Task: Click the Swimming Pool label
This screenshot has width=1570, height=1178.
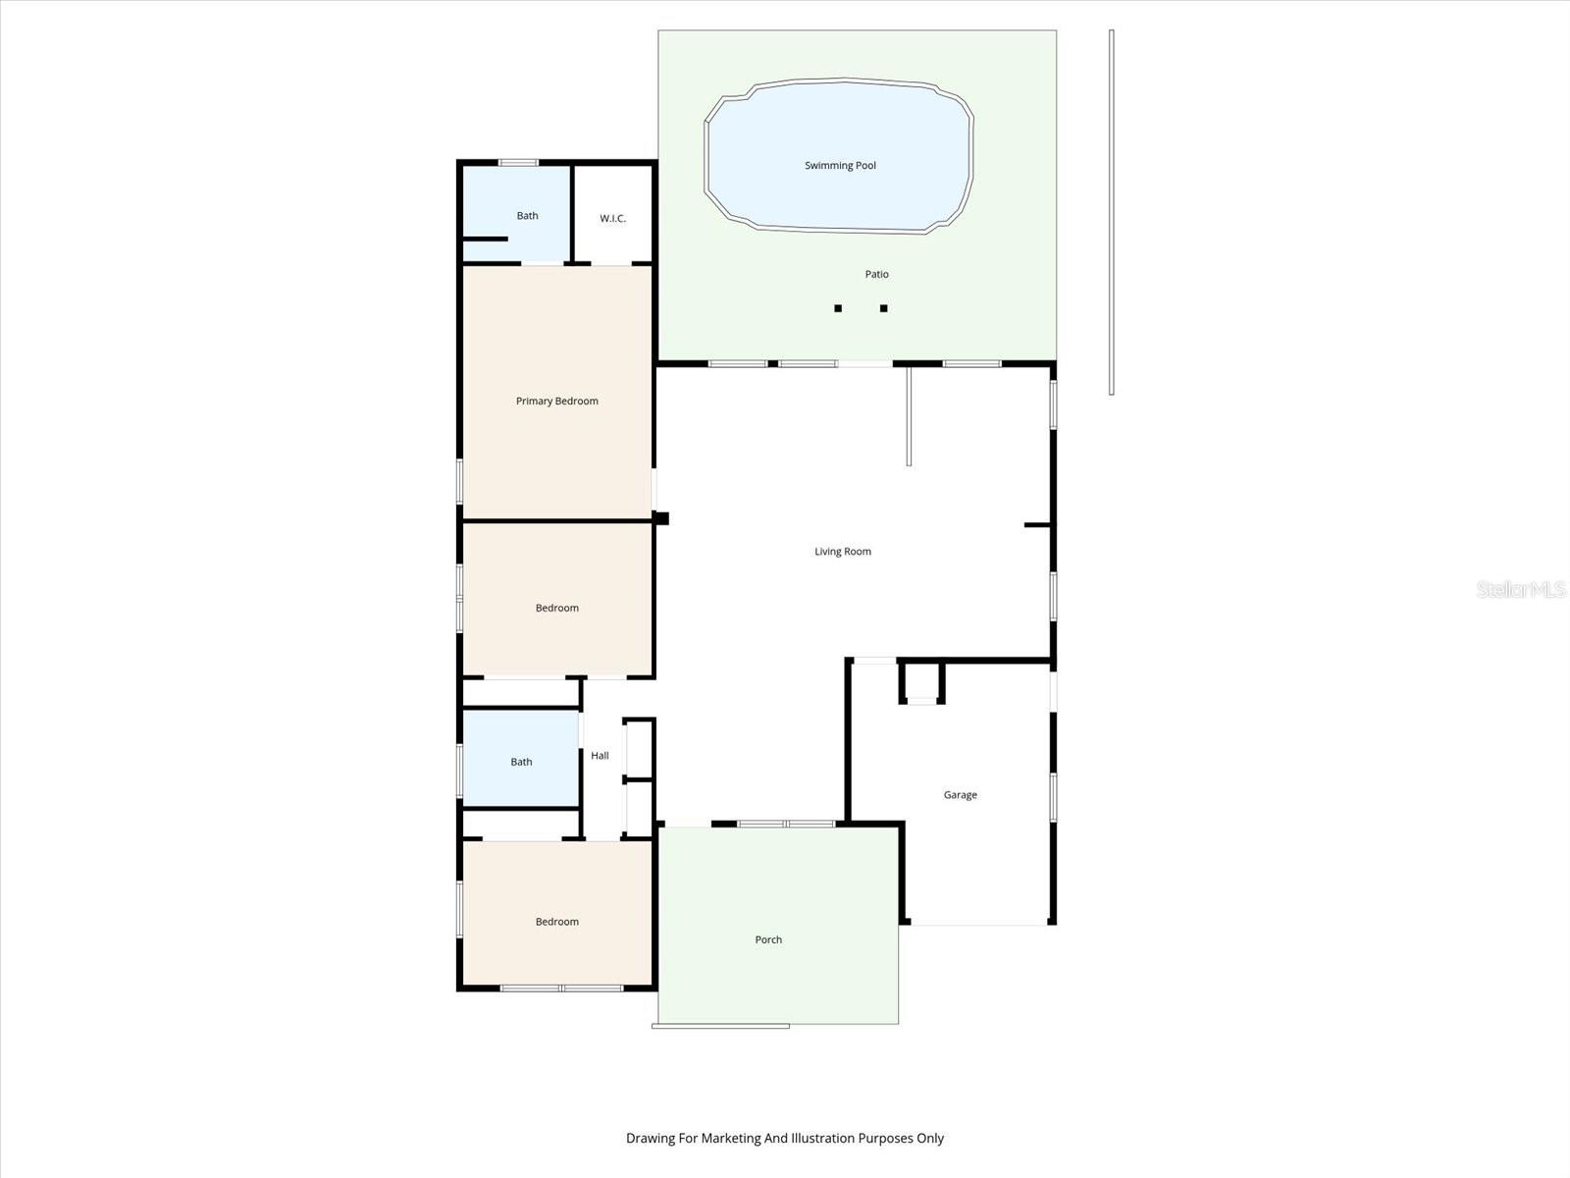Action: [840, 166]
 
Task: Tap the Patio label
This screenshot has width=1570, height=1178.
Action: [876, 275]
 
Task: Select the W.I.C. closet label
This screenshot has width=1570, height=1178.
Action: [612, 219]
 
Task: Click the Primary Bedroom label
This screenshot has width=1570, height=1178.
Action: [556, 402]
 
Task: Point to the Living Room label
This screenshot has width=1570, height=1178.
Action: [842, 552]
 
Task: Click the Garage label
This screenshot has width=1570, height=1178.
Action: [960, 795]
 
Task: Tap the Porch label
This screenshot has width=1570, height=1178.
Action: [768, 940]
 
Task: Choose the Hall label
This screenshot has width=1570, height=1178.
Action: [600, 756]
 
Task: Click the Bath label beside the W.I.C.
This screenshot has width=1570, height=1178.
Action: [527, 216]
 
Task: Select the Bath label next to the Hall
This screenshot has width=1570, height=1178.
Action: [521, 762]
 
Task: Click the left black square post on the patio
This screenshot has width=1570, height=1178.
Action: [838, 308]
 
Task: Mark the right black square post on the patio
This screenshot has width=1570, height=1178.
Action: [883, 308]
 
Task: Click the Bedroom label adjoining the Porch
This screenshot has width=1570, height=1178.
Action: [556, 922]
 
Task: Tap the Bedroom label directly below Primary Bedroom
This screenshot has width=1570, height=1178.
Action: [556, 609]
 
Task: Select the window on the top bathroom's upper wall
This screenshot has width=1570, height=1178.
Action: [518, 163]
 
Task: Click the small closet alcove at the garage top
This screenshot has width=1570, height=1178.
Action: [921, 682]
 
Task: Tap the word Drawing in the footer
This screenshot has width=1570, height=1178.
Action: [650, 1139]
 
